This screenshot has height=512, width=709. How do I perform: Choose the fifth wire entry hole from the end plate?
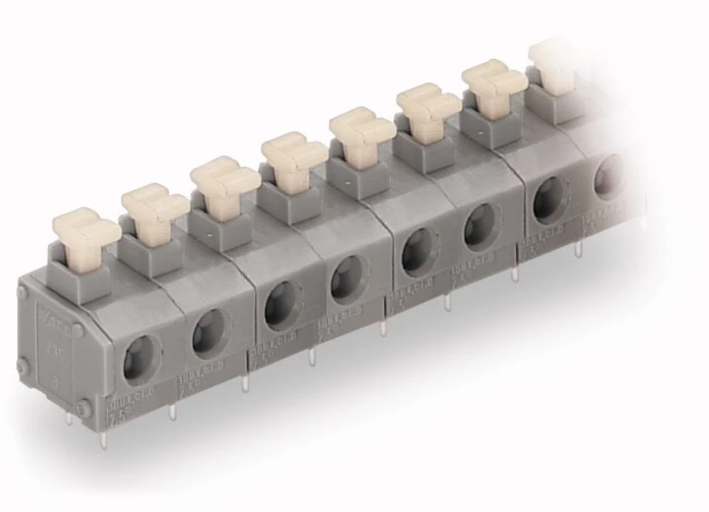[x=418, y=252]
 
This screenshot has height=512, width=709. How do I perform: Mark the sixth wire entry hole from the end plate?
[x=482, y=227]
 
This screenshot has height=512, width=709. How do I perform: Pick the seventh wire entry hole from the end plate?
[x=550, y=200]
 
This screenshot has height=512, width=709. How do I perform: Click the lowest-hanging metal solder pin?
[x=104, y=440]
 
